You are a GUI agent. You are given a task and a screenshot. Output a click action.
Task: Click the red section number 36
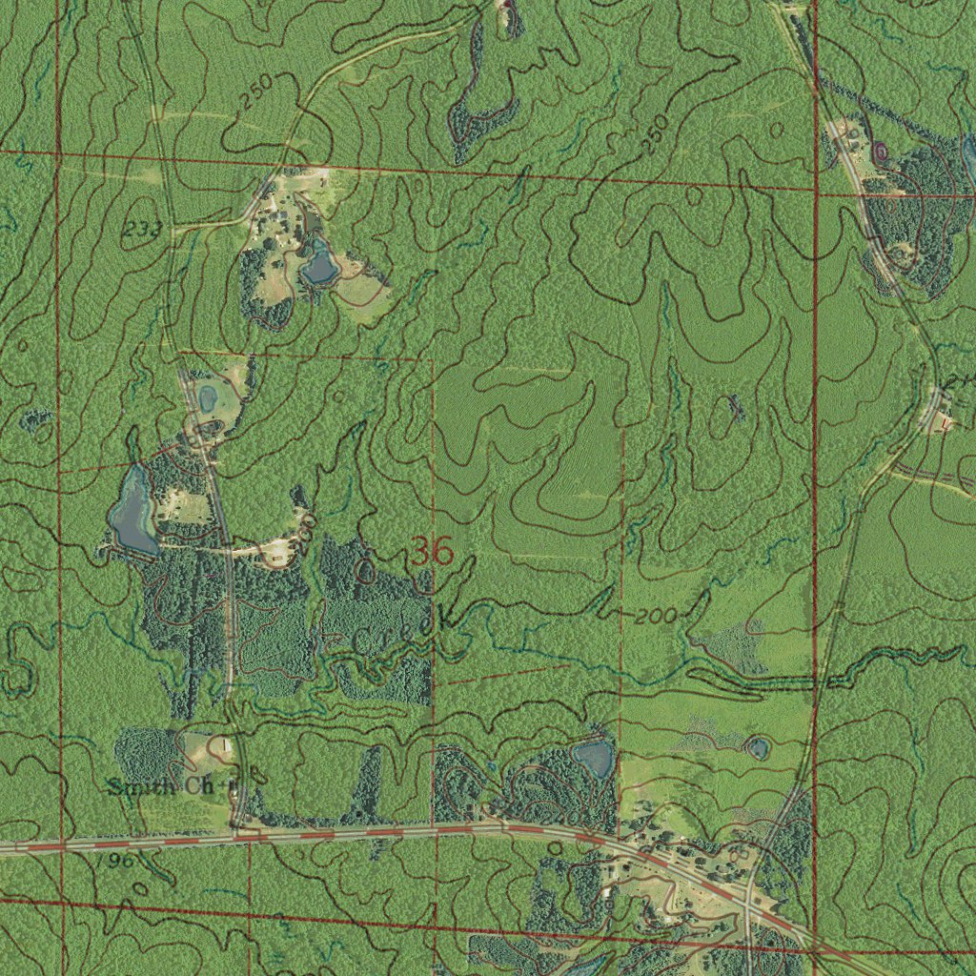point(432,552)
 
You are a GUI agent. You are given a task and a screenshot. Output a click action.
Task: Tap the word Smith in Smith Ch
point(141,786)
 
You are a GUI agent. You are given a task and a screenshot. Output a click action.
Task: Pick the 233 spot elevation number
point(141,228)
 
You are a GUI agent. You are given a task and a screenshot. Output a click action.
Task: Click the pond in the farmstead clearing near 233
point(319,261)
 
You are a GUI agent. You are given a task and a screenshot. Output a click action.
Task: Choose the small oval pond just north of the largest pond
point(208,393)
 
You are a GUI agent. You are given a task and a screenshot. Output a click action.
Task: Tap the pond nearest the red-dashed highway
point(595,759)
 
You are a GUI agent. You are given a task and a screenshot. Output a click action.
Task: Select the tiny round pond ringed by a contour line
point(758,747)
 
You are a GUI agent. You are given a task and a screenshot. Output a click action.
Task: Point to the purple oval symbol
point(879,151)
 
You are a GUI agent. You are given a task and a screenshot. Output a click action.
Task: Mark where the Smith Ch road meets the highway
point(235,834)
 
